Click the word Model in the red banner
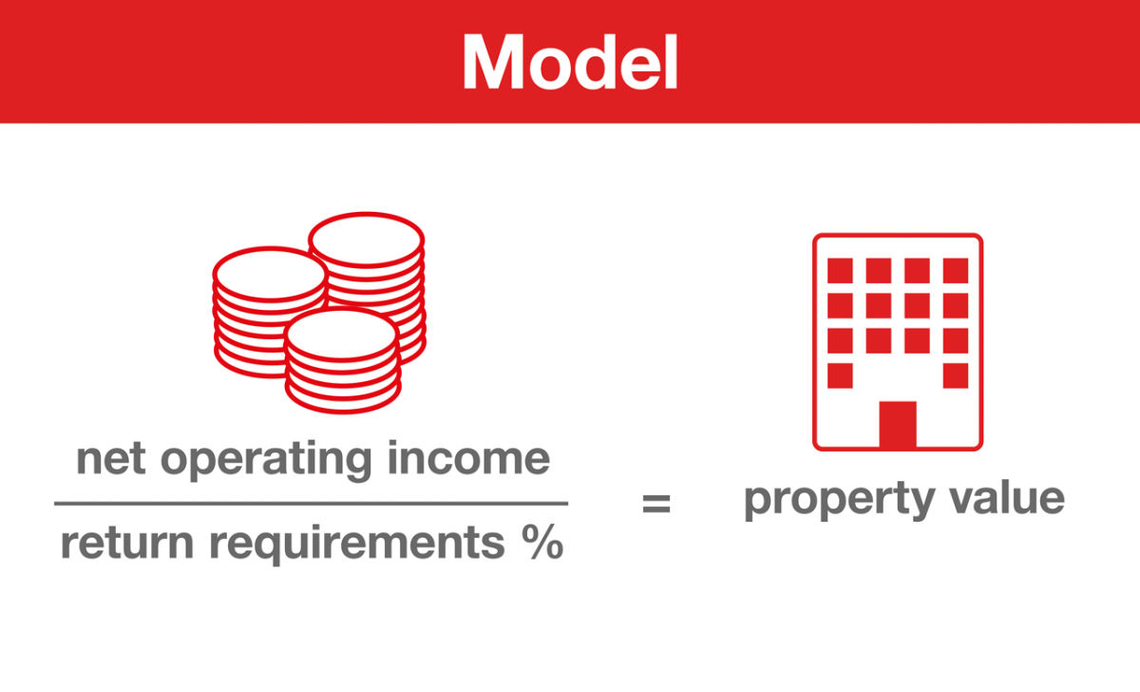tap(570, 62)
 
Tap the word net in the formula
tap(111, 459)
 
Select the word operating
tap(266, 461)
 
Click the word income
tap(468, 458)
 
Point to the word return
tap(127, 544)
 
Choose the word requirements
tap(357, 545)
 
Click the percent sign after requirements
tap(542, 542)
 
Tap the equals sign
tap(656, 503)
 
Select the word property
tap(839, 500)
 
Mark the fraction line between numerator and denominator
tap(311, 503)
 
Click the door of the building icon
tap(898, 424)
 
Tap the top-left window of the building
tap(840, 270)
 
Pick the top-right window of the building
tap(956, 270)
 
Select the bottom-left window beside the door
tap(840, 375)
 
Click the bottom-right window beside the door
tap(956, 375)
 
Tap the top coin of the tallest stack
tap(367, 240)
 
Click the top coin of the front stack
tap(342, 335)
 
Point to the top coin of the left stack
tap(270, 274)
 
